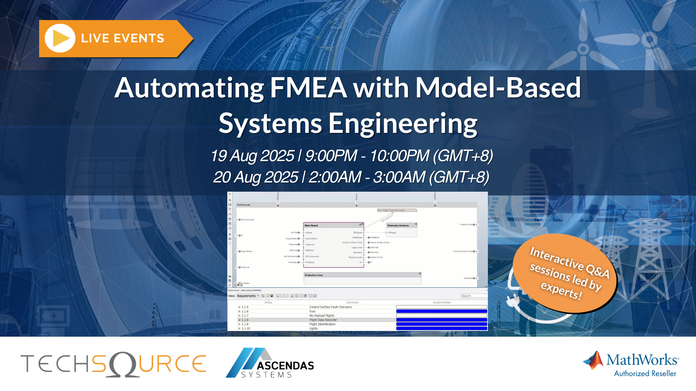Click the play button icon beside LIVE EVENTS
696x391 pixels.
(60, 38)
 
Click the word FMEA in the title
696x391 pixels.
(308, 88)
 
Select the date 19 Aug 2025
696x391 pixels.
(252, 156)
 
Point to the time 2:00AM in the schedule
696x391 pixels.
(335, 177)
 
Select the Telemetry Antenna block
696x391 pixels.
(401, 230)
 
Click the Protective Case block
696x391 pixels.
(362, 278)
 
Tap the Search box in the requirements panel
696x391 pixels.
(474, 296)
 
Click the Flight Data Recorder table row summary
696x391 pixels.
(323, 320)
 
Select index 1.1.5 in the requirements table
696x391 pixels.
(245, 307)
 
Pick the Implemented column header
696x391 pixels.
(441, 302)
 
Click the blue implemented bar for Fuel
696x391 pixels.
(441, 311)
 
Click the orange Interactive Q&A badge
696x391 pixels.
(565, 274)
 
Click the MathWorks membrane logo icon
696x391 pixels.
(593, 360)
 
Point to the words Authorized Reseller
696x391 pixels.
(645, 374)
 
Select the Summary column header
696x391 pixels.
(352, 302)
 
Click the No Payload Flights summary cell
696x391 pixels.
(322, 316)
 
